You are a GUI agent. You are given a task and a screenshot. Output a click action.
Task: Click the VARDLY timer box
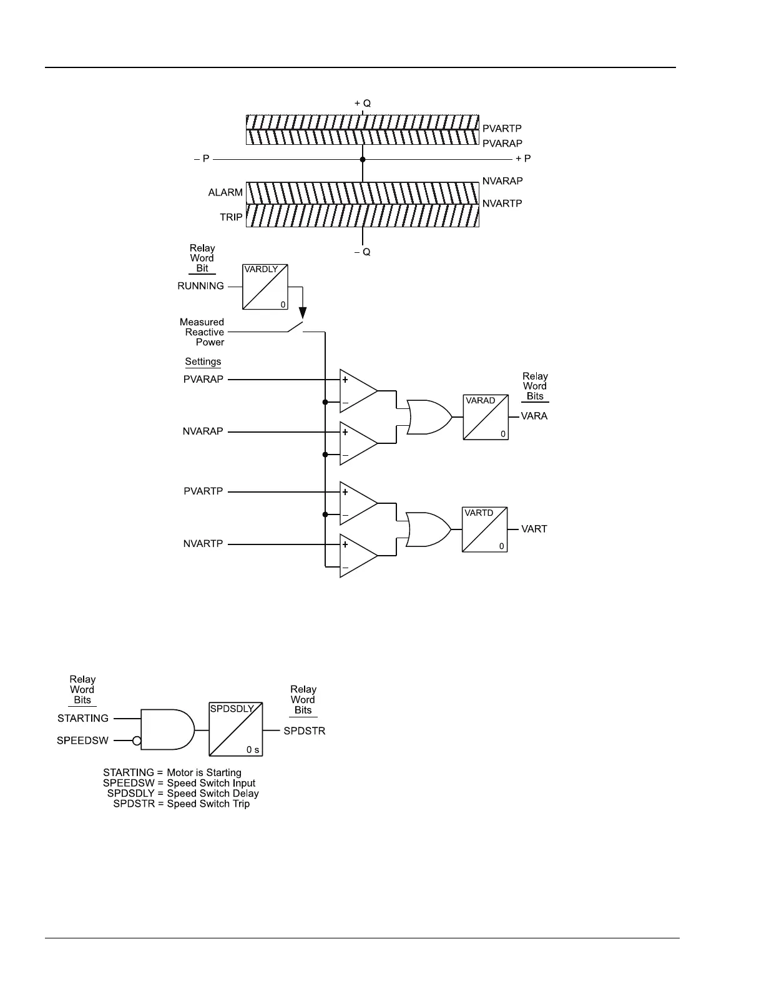click(265, 287)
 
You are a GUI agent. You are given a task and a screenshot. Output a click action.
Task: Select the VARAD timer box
click(486, 417)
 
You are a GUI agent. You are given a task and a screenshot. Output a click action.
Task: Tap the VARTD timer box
click(484, 529)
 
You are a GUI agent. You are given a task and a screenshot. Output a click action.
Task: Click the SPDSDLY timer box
click(235, 729)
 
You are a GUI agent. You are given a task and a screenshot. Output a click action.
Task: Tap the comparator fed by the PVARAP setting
click(358, 391)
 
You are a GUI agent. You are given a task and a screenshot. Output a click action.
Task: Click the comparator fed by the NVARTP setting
click(358, 556)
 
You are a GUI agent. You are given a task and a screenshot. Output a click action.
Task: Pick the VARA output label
click(534, 416)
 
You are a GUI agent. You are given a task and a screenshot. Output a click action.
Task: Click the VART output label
click(534, 529)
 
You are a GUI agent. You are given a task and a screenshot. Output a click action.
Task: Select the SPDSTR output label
click(304, 731)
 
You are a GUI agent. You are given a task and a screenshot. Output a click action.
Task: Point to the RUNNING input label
click(200, 286)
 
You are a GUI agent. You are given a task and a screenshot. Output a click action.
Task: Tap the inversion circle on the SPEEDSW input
click(137, 741)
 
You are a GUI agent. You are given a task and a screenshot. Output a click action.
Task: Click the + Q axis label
click(363, 104)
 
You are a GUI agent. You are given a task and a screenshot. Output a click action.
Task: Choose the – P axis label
click(201, 159)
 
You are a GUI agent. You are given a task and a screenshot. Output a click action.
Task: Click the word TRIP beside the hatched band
click(231, 217)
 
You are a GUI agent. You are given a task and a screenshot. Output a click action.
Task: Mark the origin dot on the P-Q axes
click(363, 159)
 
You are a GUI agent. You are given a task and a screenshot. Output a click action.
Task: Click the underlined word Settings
click(203, 362)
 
